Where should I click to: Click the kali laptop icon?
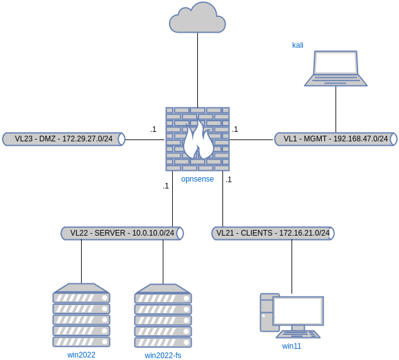click(336, 68)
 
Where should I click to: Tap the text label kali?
click(298, 45)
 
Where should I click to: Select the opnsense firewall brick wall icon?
click(197, 139)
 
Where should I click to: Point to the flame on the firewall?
click(197, 142)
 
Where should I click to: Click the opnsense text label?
click(197, 179)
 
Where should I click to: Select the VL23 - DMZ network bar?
click(63, 139)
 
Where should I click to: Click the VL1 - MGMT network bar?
click(336, 139)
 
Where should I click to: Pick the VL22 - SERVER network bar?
click(122, 233)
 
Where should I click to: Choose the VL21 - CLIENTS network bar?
click(273, 233)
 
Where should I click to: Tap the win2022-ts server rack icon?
click(163, 317)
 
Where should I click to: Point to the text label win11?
click(292, 346)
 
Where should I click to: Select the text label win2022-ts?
click(163, 355)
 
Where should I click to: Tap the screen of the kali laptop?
click(336, 63)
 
